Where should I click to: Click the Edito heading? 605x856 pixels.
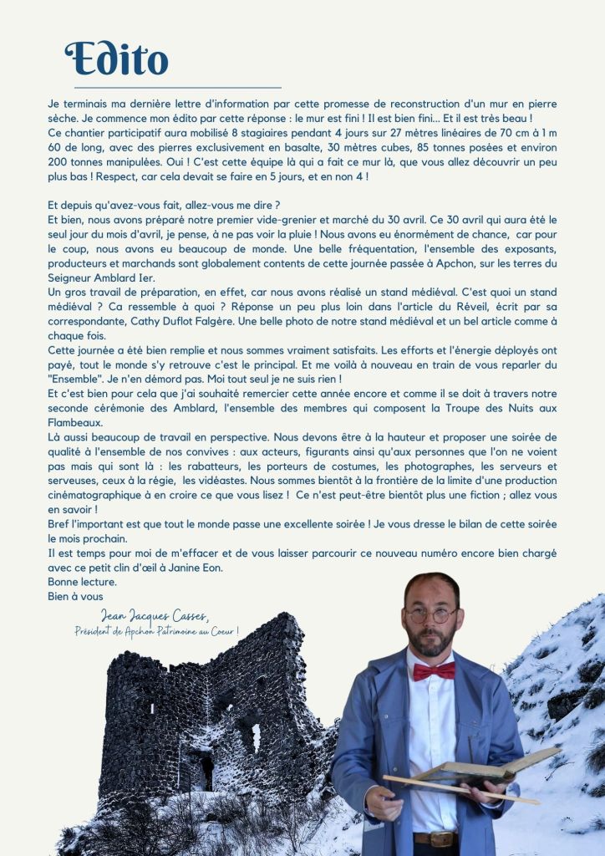click(x=116, y=59)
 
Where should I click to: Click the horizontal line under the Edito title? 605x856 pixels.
click(x=177, y=87)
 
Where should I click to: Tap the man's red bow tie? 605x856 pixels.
click(x=434, y=670)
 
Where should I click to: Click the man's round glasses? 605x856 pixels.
click(x=431, y=614)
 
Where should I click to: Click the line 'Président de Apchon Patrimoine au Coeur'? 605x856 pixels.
click(x=156, y=631)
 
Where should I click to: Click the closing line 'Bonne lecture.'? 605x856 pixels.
click(x=83, y=582)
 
